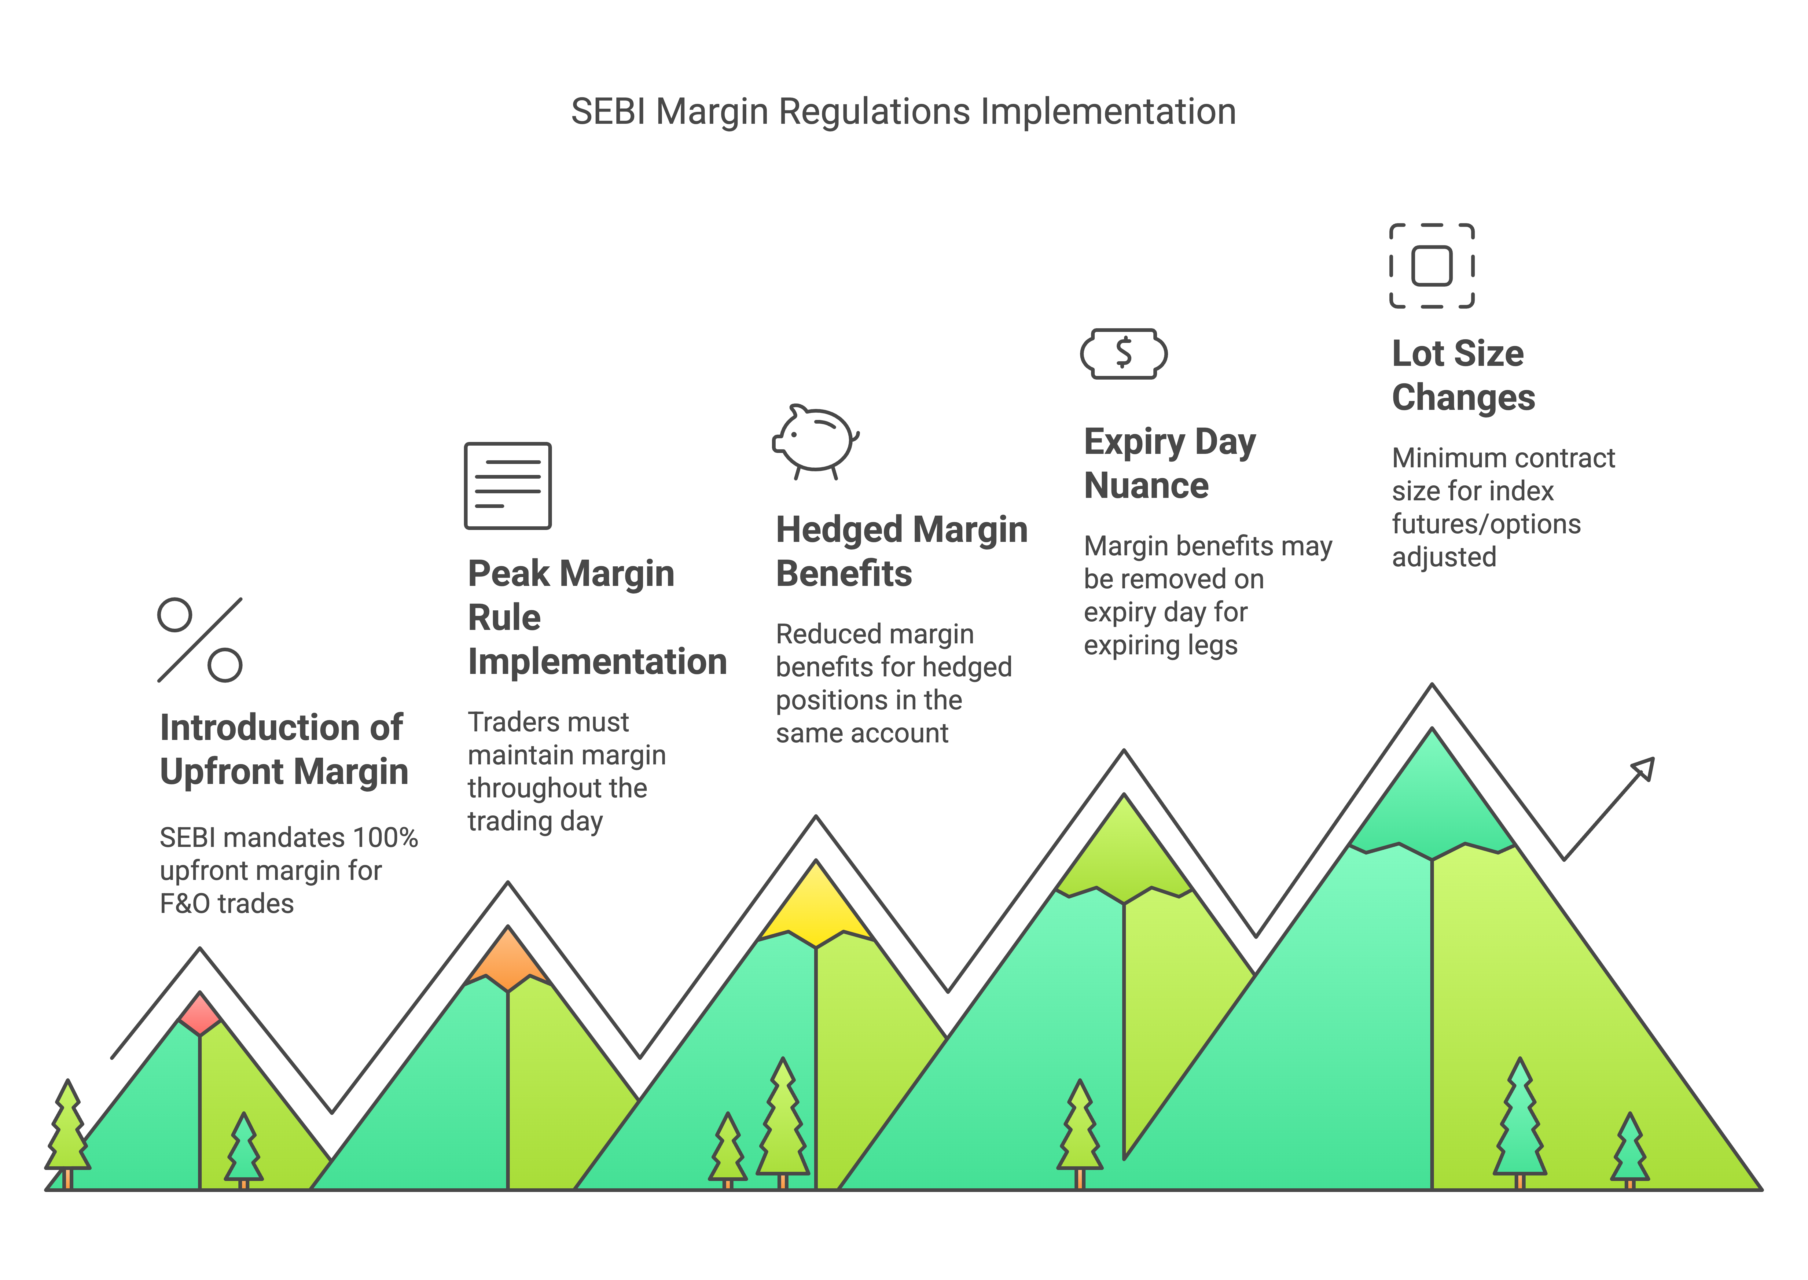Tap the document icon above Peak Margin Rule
pos(508,486)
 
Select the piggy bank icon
pos(816,441)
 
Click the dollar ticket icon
pos(1123,354)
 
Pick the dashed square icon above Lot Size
pos(1431,266)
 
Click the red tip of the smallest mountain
pos(200,1013)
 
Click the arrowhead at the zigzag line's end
pos(1643,768)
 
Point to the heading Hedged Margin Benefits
pos(901,551)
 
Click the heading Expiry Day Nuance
pos(1169,463)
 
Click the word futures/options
pos(1486,524)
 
